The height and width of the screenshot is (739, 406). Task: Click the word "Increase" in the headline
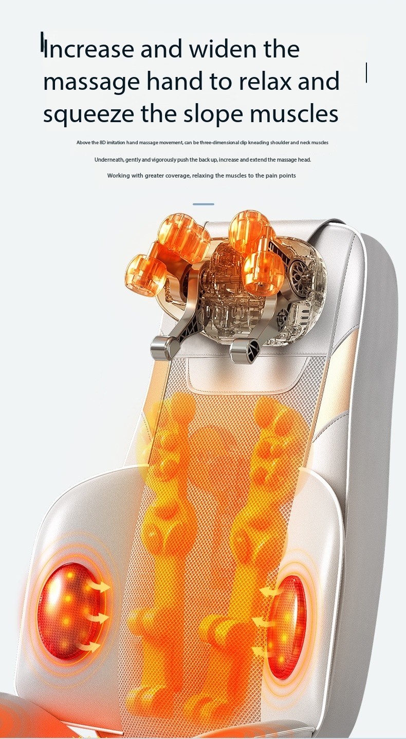click(x=89, y=49)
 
